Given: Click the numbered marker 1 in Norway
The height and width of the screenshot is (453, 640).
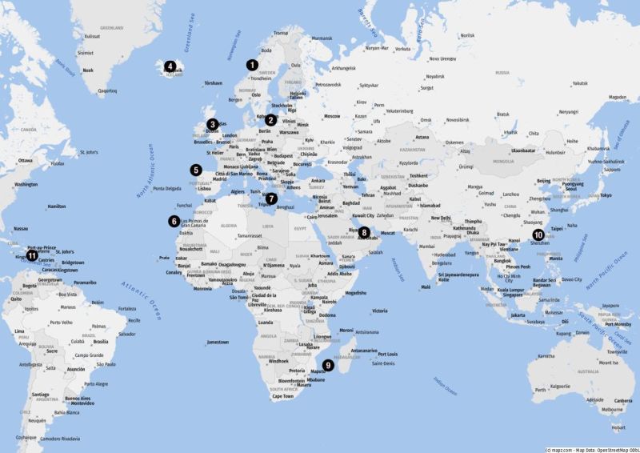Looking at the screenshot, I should [253, 65].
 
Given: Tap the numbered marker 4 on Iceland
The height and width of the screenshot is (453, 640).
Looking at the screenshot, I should [170, 66].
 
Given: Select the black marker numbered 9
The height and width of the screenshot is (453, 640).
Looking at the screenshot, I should [328, 365].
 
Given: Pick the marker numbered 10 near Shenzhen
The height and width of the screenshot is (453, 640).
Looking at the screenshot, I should [538, 235].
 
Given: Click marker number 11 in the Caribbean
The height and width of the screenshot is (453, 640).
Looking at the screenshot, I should [31, 256].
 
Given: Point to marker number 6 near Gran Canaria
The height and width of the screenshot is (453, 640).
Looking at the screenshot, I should [174, 221].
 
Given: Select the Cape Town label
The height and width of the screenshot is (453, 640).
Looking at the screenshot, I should [282, 396].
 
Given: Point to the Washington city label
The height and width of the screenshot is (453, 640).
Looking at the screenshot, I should [26, 185].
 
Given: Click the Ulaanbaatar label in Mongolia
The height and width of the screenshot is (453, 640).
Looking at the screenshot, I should [523, 150].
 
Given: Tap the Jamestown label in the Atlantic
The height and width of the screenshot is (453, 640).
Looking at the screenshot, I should [217, 343].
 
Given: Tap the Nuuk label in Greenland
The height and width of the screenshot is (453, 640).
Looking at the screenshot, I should [88, 70].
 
